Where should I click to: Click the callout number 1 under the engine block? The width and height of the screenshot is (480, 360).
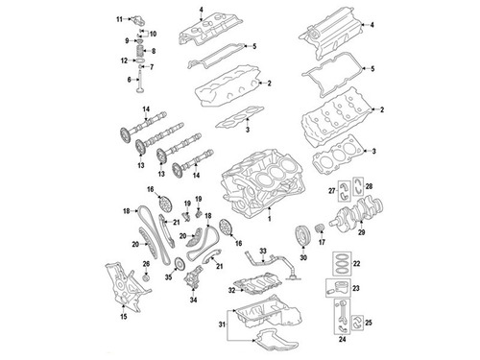click(270, 219)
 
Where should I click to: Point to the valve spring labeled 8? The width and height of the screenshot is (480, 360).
click(140, 51)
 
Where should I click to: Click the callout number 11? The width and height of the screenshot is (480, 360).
click(119, 19)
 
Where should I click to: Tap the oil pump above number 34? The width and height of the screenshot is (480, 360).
click(193, 279)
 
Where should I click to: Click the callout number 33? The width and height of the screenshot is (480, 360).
click(263, 251)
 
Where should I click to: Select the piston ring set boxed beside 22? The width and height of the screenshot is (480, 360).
click(342, 264)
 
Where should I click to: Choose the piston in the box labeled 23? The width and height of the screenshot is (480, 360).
click(338, 288)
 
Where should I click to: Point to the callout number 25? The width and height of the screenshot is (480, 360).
click(369, 323)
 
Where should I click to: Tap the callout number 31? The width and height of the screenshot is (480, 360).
click(222, 324)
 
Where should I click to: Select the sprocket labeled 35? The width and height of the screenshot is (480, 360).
click(180, 265)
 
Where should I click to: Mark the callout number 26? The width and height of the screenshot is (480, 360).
click(146, 264)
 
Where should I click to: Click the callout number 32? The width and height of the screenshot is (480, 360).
click(231, 291)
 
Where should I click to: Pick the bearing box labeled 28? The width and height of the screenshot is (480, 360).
click(358, 186)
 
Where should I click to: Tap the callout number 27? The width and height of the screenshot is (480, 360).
click(332, 191)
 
